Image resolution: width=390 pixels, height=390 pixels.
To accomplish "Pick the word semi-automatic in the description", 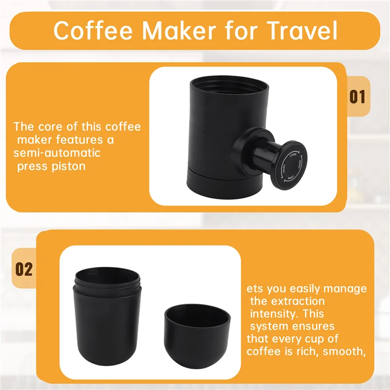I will [x=58, y=153].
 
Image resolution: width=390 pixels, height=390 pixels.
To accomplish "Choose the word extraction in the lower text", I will [x=297, y=301].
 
